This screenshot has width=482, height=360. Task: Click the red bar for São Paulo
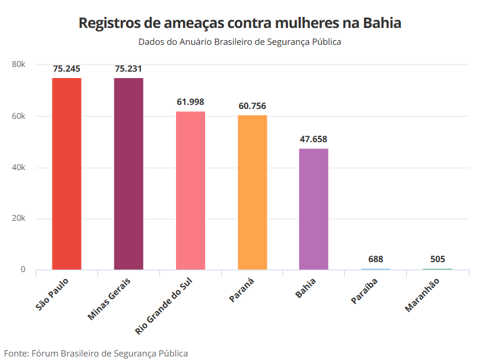click(66, 174)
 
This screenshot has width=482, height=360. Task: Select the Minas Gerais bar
click(128, 174)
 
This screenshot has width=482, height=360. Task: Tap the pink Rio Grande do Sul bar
click(191, 190)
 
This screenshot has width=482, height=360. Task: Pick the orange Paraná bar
click(252, 192)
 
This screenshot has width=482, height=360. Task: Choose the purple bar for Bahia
click(314, 209)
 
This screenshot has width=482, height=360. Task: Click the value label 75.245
click(66, 69)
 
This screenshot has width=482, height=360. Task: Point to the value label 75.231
click(128, 69)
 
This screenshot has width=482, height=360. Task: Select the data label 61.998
click(191, 102)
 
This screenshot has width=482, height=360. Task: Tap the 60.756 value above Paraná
click(252, 105)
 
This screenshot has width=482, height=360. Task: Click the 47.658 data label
click(314, 139)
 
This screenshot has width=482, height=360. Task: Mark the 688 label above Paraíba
click(375, 259)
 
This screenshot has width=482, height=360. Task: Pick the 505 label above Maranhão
click(437, 259)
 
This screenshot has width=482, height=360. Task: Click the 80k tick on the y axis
click(19, 64)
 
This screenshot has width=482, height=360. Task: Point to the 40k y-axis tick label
click(19, 167)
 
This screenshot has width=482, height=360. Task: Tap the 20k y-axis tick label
click(19, 218)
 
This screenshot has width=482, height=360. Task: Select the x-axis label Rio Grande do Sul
click(168, 305)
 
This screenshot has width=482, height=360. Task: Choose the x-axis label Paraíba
click(364, 291)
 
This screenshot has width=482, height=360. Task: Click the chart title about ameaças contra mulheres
click(240, 23)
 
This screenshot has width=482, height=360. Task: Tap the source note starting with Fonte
click(96, 353)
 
